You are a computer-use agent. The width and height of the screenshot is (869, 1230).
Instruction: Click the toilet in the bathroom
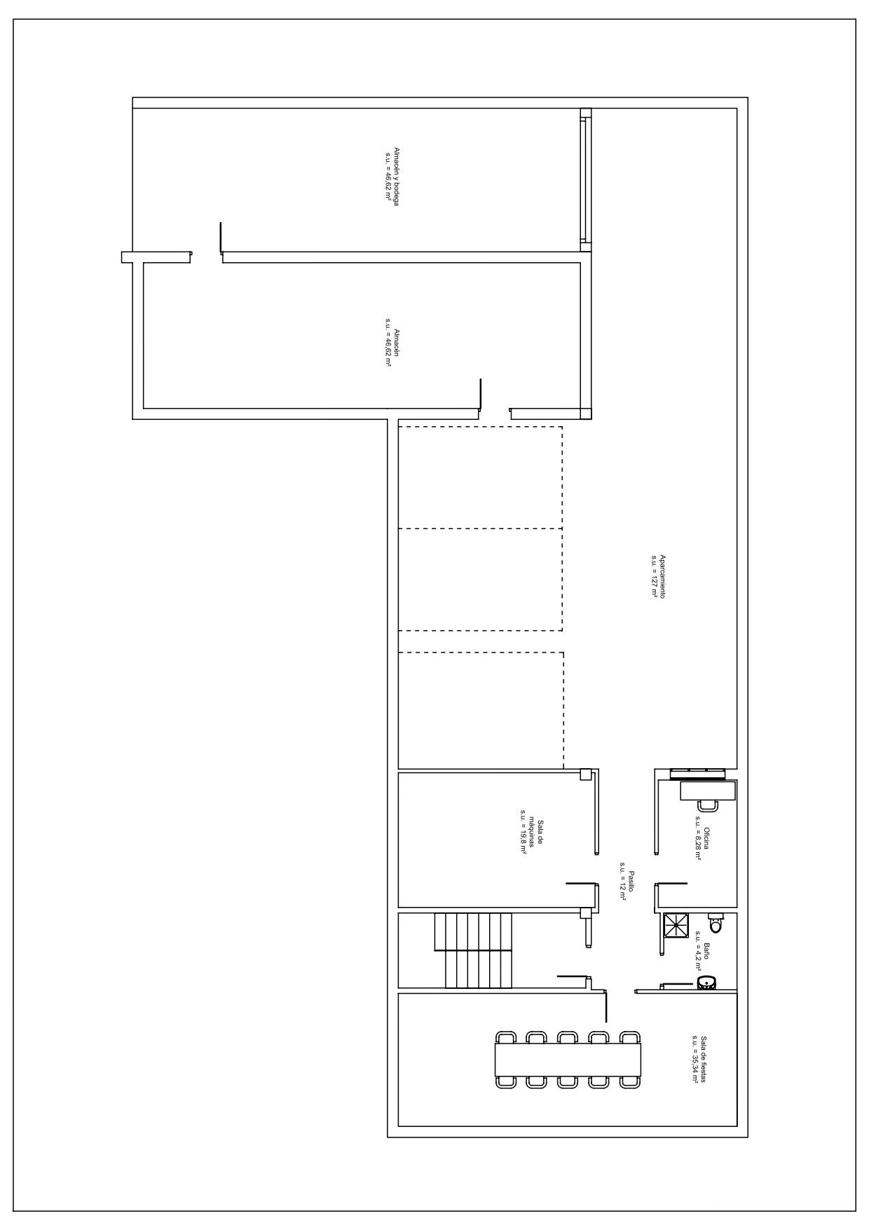click(715, 923)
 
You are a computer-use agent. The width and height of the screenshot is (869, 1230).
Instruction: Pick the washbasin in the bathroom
click(706, 983)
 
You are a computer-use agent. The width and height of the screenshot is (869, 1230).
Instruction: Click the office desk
click(708, 791)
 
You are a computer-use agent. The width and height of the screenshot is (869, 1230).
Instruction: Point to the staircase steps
click(473, 950)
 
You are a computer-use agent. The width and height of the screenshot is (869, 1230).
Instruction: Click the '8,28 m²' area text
click(699, 838)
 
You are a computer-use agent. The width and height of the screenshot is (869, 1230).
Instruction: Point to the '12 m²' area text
click(622, 881)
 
